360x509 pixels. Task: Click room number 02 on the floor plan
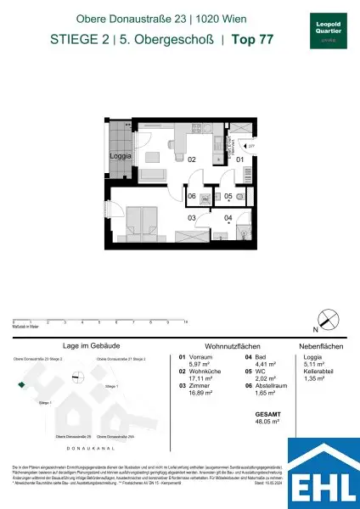[192, 159]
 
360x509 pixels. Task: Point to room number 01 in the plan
[239, 159]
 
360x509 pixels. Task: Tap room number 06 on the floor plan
[192, 196]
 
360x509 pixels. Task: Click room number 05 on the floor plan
[228, 196]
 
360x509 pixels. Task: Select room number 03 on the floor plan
[192, 218]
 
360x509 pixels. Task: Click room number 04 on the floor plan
[228, 218]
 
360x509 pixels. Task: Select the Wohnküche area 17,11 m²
[192, 378]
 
